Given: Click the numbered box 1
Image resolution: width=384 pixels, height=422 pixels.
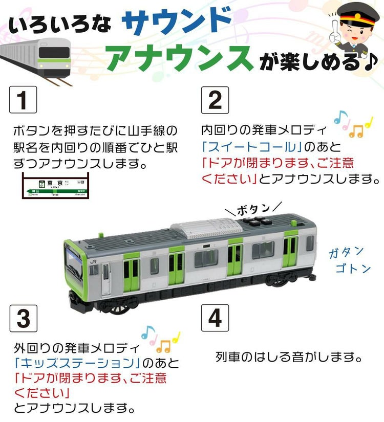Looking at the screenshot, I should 24,100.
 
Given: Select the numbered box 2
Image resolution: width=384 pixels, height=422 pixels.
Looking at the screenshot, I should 215,100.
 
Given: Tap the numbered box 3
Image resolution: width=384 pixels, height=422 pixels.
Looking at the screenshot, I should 24,318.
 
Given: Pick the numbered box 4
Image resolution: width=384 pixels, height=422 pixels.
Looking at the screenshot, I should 215,318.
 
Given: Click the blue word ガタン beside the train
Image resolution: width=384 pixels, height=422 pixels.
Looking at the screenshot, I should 347,252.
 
